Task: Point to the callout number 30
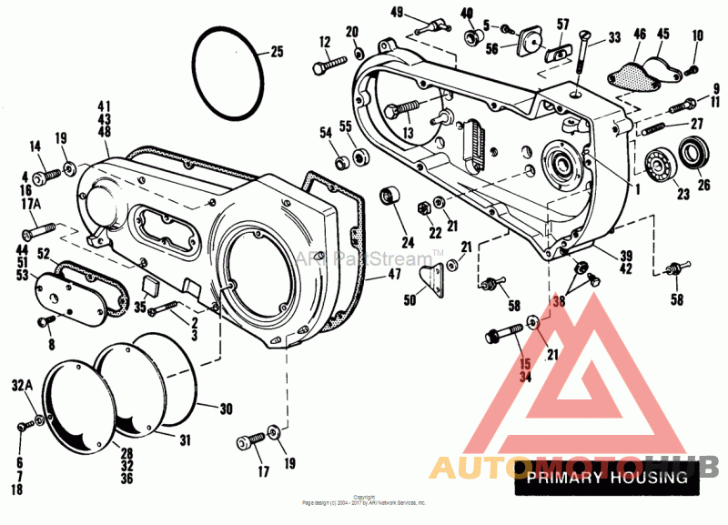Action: pyautogui.click(x=227, y=408)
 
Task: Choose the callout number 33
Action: pyautogui.click(x=614, y=38)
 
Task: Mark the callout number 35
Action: pyautogui.click(x=140, y=308)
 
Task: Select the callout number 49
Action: pyautogui.click(x=397, y=11)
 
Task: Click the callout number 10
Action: pyautogui.click(x=698, y=35)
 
